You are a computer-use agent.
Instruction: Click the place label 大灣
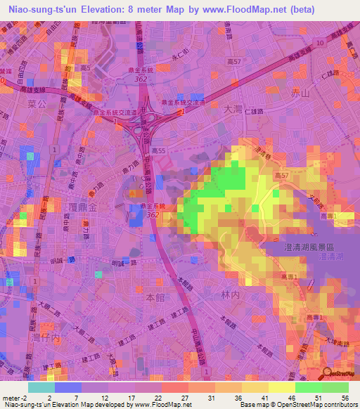(x=232, y=110)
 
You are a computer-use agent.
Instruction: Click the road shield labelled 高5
(x=86, y=68)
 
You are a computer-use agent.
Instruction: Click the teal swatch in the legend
(x=41, y=387)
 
